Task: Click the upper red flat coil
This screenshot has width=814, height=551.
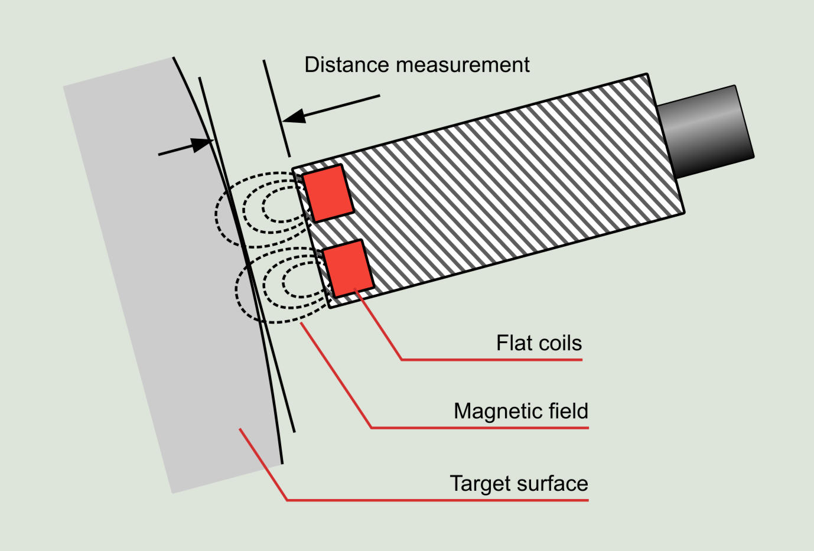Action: pyautogui.click(x=328, y=194)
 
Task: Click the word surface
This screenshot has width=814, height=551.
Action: pyautogui.click(x=553, y=484)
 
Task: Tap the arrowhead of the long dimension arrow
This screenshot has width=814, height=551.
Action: pyautogui.click(x=294, y=116)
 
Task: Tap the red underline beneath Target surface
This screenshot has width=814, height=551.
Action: pyautogui.click(x=437, y=500)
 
